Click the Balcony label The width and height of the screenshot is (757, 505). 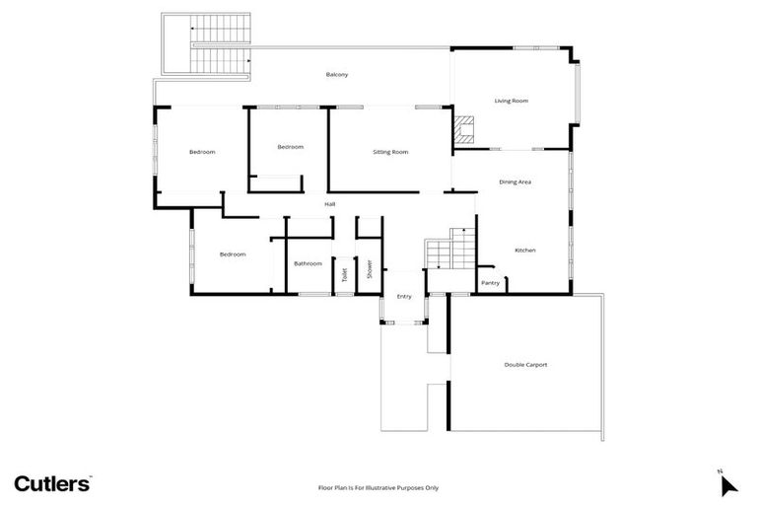[337, 74]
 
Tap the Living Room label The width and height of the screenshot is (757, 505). [512, 101]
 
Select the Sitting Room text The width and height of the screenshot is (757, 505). [390, 152]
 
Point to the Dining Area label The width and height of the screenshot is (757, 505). [516, 181]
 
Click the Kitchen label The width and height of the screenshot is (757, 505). [525, 251]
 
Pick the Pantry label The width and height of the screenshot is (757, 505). [490, 283]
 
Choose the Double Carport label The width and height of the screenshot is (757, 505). [525, 365]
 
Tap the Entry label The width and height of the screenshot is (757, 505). [404, 297]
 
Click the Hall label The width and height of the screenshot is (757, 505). [331, 204]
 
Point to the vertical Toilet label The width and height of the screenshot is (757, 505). [345, 275]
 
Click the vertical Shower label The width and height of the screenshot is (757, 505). [370, 268]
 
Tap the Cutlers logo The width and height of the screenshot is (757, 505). [53, 482]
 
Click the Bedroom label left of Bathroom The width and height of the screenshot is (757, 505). [233, 254]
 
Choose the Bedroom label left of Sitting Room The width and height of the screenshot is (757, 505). [290, 147]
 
